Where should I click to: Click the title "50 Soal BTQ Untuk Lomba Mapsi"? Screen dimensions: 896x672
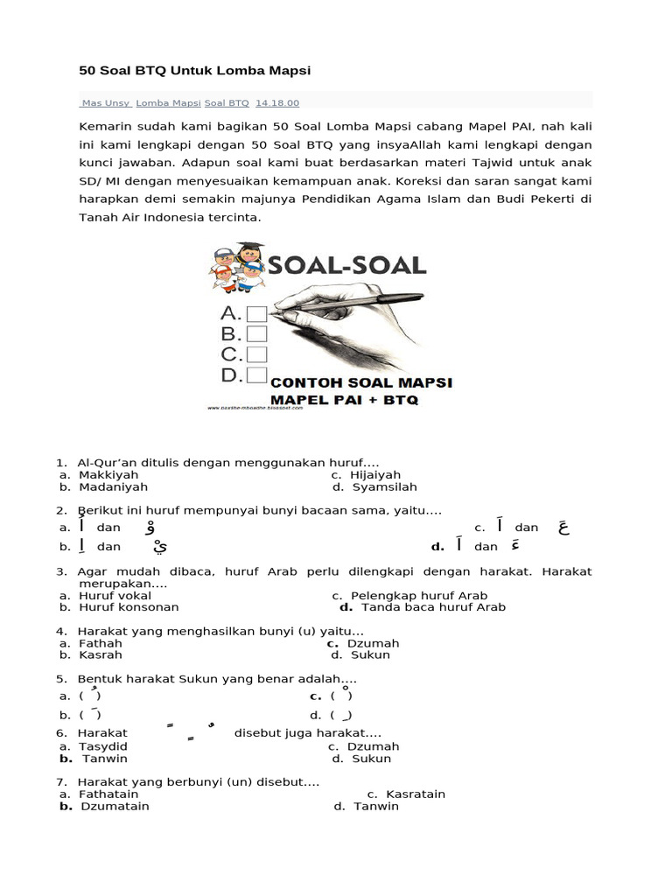(x=194, y=70)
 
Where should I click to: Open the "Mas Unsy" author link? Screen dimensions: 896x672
(x=105, y=103)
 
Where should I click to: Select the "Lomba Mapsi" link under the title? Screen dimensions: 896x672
(x=168, y=103)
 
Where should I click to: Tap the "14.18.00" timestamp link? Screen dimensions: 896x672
(x=276, y=103)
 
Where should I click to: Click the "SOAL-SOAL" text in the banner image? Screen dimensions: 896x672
(x=346, y=266)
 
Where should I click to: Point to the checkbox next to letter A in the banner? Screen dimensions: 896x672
(x=256, y=313)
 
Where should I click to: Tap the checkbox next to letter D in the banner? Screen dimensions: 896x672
(x=256, y=375)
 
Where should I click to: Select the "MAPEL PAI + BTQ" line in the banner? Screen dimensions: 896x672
(x=344, y=399)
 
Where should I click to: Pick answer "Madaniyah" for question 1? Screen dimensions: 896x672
(x=113, y=486)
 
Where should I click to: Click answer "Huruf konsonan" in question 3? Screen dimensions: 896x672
(x=129, y=606)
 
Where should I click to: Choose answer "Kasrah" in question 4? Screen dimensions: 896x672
(x=101, y=654)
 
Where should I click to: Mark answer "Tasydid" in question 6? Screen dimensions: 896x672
(x=103, y=746)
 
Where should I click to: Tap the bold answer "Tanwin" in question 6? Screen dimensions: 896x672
(x=105, y=759)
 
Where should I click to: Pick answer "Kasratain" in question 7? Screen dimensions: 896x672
(x=416, y=794)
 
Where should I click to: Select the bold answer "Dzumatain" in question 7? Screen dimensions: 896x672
(x=115, y=806)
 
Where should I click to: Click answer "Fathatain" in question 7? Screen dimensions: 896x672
(x=108, y=794)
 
